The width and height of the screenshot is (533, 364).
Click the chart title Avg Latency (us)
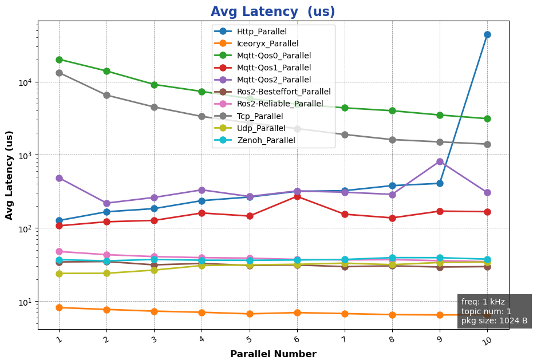click(273, 12)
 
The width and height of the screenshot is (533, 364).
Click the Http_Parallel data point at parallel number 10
click(487, 34)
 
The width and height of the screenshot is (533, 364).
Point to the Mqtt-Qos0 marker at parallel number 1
click(59, 60)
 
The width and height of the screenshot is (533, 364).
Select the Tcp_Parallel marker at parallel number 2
click(106, 95)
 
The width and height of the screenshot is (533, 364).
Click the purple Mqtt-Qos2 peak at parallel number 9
click(440, 161)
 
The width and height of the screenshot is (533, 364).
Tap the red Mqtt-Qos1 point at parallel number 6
click(297, 196)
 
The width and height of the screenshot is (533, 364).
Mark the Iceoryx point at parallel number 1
click(59, 307)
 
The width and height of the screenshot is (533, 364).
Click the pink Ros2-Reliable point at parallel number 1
click(59, 251)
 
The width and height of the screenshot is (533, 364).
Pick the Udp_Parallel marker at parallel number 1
click(59, 274)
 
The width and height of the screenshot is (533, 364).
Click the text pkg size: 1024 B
click(494, 321)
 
